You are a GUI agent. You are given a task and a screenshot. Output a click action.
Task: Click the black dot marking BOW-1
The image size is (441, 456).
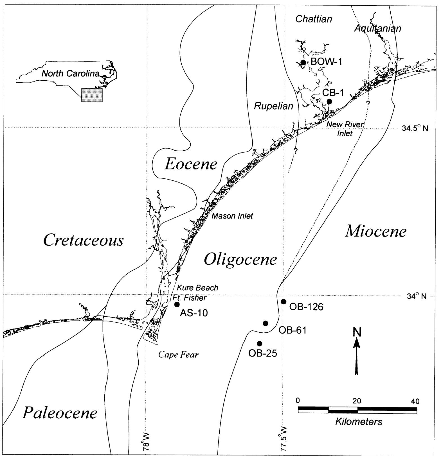303,62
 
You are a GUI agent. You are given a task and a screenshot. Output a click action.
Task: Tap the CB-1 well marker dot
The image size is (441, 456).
329,101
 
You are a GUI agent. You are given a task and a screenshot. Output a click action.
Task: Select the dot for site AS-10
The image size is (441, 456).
177,305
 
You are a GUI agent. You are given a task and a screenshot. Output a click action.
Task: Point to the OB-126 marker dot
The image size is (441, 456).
283,302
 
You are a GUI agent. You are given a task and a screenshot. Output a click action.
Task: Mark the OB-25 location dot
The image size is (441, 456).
260,344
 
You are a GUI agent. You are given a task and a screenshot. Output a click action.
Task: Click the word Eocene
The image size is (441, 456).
191,164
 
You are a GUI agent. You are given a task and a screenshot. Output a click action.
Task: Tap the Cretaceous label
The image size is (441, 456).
84,241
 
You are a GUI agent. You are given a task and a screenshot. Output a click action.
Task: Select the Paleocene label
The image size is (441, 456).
60,413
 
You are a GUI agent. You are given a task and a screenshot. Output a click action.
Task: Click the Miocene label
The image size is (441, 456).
376,232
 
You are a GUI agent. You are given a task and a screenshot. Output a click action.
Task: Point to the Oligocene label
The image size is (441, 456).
240,259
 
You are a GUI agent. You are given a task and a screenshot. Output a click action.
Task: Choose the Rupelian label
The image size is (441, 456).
274,106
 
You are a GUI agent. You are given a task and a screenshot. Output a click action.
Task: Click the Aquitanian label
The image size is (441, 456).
378,28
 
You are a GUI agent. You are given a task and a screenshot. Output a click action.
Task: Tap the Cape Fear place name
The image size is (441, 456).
178,355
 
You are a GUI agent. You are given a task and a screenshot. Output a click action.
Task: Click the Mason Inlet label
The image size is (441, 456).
232,216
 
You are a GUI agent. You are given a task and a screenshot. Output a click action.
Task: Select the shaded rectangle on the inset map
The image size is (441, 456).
92,95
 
